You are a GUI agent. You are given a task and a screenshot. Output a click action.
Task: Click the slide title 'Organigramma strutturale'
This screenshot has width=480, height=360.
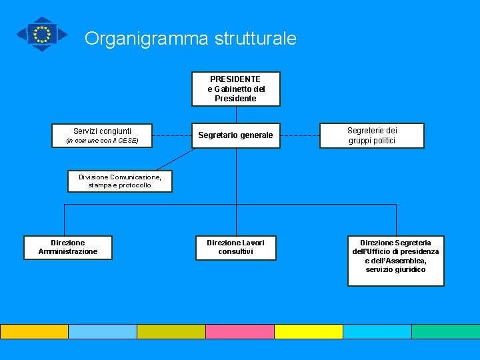190,39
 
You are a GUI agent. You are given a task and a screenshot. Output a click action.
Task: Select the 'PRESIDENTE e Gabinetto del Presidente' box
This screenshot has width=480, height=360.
236,89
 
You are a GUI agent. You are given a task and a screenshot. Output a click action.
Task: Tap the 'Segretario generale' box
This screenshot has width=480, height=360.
236,135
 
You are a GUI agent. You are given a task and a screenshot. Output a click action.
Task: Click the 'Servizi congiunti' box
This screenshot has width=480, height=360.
103,135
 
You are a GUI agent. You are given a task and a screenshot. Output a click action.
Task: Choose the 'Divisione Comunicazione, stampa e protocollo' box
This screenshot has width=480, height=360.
119,181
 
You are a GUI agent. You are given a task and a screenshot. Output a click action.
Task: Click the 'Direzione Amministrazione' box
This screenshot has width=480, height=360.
68,247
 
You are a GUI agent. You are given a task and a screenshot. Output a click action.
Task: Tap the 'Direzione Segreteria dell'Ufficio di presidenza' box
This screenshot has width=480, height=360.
395,261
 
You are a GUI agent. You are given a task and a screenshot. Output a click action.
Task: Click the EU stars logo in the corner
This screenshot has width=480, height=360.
42,33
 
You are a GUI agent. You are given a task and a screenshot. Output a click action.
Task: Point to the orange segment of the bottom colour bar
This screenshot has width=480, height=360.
34,331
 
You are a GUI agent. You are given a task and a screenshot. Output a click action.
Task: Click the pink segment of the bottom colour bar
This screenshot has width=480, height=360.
239,331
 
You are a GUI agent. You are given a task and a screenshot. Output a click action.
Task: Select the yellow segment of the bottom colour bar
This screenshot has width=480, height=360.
308,331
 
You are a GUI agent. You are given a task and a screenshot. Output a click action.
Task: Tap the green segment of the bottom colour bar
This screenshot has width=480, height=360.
445,331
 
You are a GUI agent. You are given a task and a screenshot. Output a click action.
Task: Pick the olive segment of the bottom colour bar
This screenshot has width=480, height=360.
171,331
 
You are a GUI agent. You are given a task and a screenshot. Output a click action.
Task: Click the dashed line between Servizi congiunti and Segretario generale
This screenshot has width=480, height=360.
172,135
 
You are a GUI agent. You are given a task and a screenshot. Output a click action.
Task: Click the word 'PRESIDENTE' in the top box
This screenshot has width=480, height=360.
235,79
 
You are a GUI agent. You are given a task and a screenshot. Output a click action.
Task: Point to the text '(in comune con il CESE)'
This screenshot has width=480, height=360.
102,141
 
